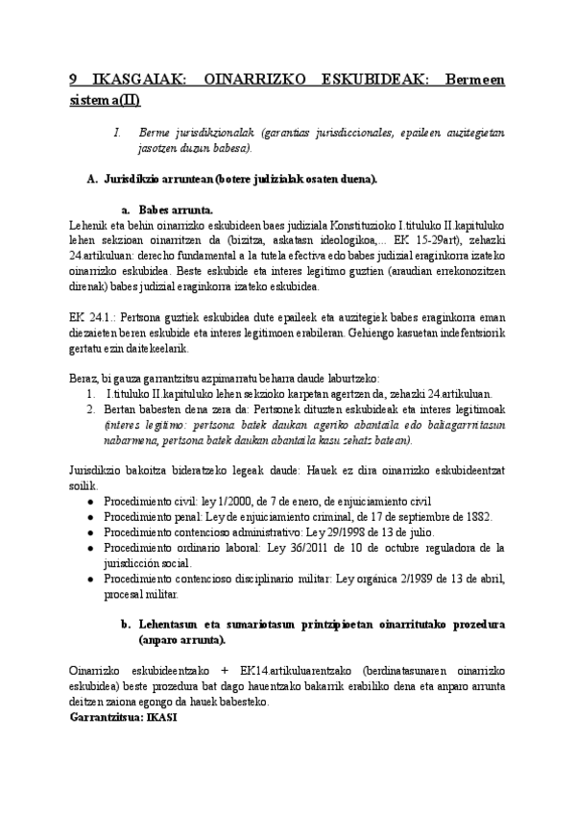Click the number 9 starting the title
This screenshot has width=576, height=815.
pyautogui.click(x=74, y=82)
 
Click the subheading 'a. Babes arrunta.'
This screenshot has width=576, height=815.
pyautogui.click(x=168, y=210)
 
